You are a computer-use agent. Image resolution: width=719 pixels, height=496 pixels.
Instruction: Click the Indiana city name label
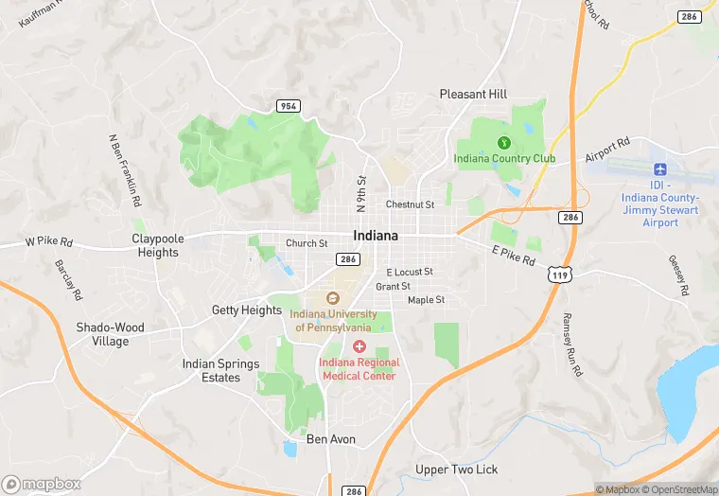coord(375,235)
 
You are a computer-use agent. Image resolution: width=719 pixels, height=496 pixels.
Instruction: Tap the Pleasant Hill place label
coord(473,95)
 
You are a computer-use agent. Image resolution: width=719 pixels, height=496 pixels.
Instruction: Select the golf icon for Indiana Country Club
coord(504,143)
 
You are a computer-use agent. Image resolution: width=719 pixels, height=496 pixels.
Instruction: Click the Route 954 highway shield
coord(289,106)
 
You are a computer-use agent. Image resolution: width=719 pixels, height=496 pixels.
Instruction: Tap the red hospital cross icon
coord(359,347)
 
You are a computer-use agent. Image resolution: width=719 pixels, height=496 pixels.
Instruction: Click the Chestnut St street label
coord(410,204)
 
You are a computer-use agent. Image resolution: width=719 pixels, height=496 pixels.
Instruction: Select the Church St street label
coord(307,243)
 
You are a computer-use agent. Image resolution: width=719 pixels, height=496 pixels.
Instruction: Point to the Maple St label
coord(426,301)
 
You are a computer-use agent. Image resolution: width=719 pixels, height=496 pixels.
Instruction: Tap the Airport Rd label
coord(606,150)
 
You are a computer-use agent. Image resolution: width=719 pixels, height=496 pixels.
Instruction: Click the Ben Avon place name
coord(330,439)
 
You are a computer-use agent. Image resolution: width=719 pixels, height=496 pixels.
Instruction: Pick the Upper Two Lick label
coord(456,470)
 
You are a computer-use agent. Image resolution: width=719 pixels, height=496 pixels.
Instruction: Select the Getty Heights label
coord(246,310)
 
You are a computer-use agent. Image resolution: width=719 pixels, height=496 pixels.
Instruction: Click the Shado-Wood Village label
coord(111,334)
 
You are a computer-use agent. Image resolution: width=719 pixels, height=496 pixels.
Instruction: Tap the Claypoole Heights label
coord(157,245)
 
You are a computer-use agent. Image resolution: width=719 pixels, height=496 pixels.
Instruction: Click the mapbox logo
coord(42,483)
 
